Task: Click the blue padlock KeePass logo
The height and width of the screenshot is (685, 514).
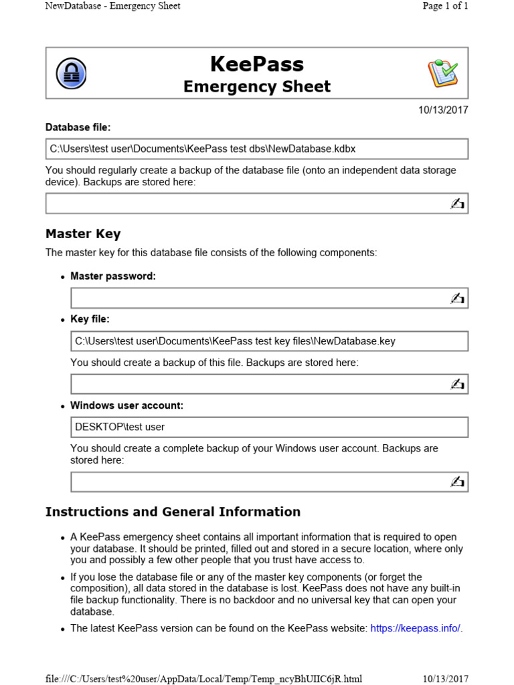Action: [71, 74]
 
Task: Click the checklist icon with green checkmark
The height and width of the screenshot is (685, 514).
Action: [442, 74]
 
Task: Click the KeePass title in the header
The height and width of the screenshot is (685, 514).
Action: [257, 64]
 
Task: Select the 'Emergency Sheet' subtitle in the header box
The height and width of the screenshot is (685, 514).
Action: [257, 86]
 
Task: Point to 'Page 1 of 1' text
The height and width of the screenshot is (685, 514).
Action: [445, 6]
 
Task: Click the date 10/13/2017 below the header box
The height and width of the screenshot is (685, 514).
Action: [443, 110]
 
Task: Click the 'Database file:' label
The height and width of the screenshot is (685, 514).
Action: [78, 127]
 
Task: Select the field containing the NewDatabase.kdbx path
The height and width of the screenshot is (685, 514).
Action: [257, 149]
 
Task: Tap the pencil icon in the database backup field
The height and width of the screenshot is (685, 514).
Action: [457, 203]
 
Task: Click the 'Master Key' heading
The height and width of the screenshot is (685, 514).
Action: [83, 233]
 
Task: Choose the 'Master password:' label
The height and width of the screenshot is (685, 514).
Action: [113, 276]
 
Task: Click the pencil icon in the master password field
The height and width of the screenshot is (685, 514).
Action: [457, 298]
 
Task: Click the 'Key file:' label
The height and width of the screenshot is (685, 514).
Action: [90, 319]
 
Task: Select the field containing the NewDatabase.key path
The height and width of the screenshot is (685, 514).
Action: [269, 341]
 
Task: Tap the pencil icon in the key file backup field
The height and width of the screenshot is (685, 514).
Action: [457, 384]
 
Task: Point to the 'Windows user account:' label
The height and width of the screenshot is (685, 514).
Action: [126, 405]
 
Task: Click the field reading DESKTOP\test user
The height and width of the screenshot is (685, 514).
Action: [269, 427]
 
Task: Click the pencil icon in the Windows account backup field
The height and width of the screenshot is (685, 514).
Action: [457, 481]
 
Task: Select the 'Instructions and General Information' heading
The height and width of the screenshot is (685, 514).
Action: [173, 512]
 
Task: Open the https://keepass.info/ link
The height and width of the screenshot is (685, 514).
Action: [415, 628]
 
